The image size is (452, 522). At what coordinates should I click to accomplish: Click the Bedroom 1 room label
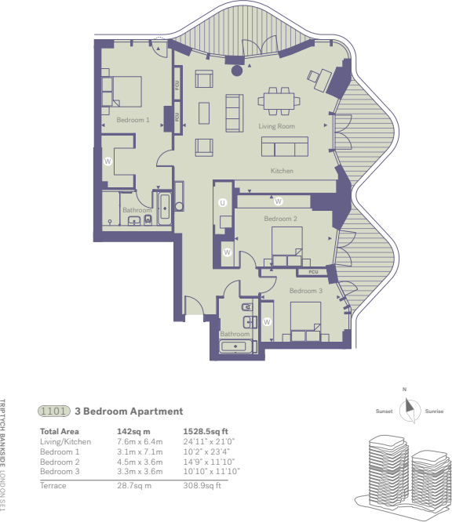[133, 120]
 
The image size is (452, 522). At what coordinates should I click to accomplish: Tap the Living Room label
[278, 126]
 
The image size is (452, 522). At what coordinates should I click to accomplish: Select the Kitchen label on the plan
[282, 170]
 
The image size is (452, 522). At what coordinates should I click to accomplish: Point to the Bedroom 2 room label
[280, 219]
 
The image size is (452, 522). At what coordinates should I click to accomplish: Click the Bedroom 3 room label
[305, 291]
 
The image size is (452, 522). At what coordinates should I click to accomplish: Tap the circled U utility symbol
[223, 203]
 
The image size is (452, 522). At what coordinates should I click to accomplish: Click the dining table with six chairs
[280, 100]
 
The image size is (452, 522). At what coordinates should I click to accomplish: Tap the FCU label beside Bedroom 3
[313, 272]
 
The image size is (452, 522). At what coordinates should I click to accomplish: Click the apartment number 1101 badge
[53, 411]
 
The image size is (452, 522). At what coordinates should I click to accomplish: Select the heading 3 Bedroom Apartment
[128, 411]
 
